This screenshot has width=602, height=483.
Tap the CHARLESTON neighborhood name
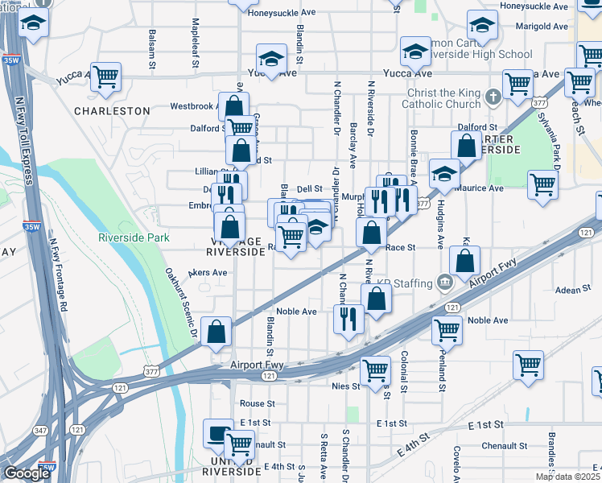pos(112,110)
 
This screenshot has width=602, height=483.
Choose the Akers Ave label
pos(208,273)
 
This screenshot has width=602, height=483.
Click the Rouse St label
pos(258,403)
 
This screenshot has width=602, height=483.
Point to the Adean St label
pos(573,290)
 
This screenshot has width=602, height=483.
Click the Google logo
pos(27,473)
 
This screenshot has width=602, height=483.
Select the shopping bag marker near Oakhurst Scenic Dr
pos(216,331)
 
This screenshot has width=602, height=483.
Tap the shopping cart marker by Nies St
pos(375,370)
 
